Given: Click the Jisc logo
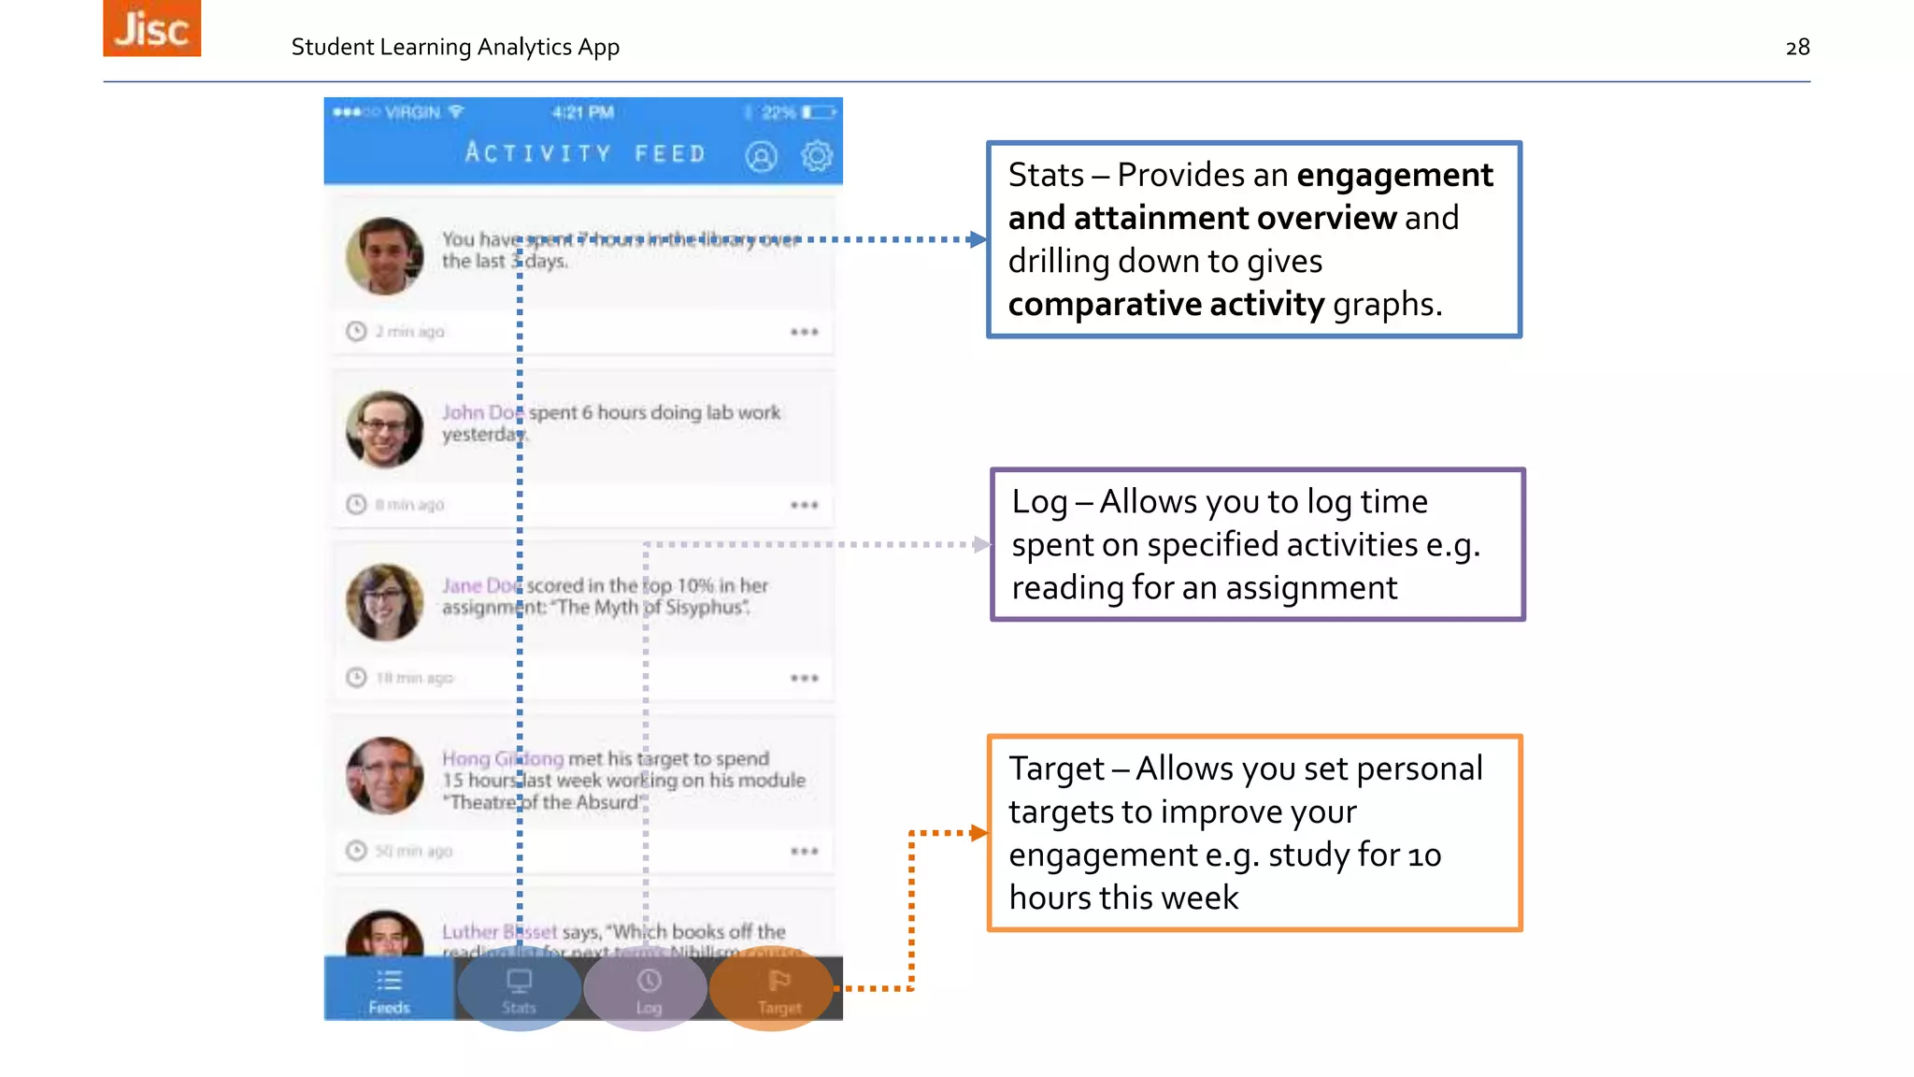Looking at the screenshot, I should coord(151,28).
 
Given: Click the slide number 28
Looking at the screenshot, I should coord(1797,48).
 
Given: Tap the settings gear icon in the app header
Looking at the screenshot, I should coord(817,156).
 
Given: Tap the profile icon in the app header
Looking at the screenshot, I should coord(761,156).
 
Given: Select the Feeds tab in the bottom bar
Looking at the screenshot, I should coord(389,990).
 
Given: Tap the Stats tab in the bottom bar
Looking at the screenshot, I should coord(519,990).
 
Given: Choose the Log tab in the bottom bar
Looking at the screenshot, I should coord(649,990).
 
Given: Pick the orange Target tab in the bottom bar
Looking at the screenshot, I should coord(778,990).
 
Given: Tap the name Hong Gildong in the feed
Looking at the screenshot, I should coord(503,758).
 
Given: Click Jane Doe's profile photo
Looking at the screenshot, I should coord(384,602).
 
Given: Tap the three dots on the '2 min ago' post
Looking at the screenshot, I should coord(804,332).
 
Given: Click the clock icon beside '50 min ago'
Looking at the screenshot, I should coord(356,851).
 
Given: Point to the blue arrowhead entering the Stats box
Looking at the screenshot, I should coord(978,239).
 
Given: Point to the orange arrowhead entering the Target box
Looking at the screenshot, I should coord(978,833).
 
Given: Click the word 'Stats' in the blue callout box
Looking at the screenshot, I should coord(1046,176).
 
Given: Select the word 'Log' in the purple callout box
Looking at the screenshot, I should coord(1039,503).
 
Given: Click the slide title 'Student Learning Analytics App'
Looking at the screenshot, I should coord(455,48).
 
